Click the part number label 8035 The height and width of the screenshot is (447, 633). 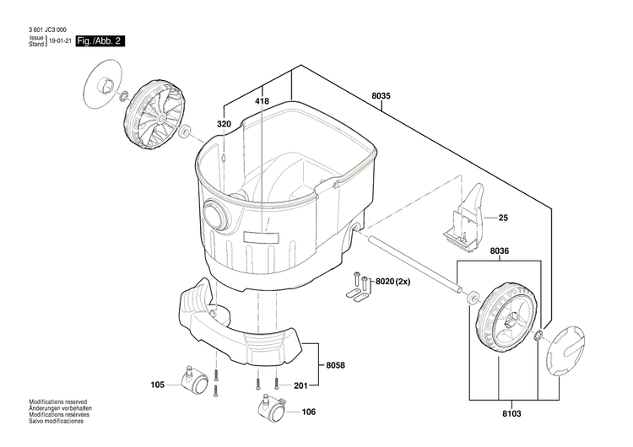[x=381, y=96]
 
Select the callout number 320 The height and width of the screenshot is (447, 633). [x=224, y=124]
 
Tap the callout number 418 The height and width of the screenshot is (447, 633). [x=262, y=101]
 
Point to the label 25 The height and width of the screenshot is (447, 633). [x=503, y=218]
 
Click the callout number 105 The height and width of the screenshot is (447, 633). [x=158, y=385]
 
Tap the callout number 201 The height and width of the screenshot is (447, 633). [x=300, y=385]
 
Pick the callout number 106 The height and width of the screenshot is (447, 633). [x=308, y=412]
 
